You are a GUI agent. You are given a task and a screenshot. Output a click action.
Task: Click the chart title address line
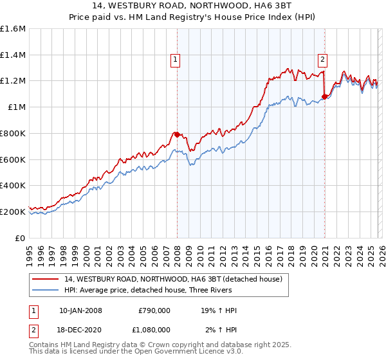pyautogui.click(x=192, y=6)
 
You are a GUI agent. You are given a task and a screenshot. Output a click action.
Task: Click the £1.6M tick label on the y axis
pyautogui.click(x=13, y=29)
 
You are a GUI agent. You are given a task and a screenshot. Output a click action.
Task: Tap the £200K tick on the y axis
pyautogui.click(x=13, y=212)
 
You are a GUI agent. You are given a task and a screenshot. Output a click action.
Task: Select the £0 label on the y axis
pyautogui.click(x=20, y=238)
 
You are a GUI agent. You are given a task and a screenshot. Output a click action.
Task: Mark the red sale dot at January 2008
pyautogui.click(x=177, y=134)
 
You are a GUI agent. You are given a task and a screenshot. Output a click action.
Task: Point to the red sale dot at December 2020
pyautogui.click(x=325, y=97)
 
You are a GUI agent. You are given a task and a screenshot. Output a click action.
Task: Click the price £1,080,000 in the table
pyautogui.click(x=154, y=329)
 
